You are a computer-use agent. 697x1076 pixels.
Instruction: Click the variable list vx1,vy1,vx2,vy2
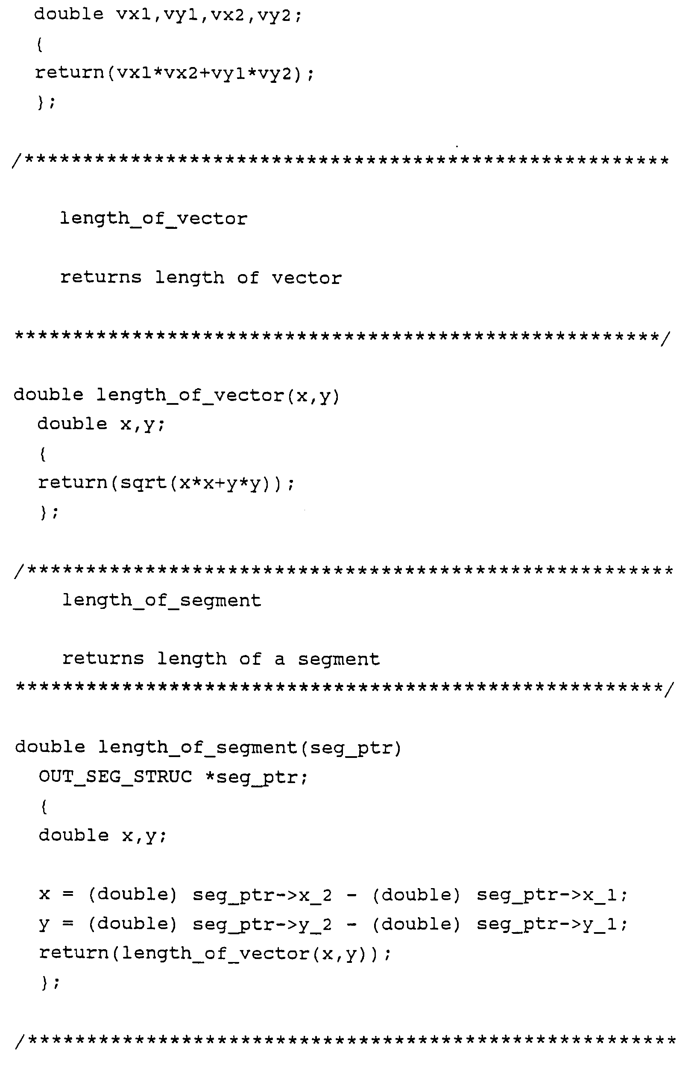coord(208,15)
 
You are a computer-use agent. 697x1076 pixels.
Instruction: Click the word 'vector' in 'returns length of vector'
coord(306,278)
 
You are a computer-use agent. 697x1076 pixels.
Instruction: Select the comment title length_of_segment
coord(161,601)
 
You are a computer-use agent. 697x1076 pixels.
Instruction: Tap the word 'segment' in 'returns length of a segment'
coord(339,660)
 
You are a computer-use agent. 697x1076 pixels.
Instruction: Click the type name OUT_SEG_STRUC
coord(115,777)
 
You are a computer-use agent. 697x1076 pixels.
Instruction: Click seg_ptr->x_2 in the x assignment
coord(262,895)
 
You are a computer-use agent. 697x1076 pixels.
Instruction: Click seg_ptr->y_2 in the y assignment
coord(262,924)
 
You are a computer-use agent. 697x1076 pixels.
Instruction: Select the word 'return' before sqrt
coord(72,483)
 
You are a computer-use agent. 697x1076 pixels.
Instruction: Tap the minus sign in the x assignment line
coord(352,895)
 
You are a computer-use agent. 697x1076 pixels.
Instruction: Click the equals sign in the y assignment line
coord(68,924)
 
